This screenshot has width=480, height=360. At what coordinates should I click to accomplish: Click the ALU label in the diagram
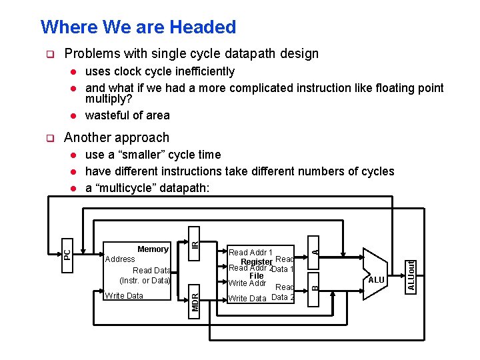[x=376, y=280]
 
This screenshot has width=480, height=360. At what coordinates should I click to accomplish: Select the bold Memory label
[x=153, y=249]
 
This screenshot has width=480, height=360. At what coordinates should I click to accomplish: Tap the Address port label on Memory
[x=119, y=259]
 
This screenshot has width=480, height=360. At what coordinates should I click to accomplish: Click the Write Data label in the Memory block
[x=124, y=295]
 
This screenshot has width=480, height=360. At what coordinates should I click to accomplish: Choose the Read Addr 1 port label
[x=250, y=253]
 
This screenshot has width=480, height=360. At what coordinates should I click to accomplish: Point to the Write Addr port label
[x=247, y=283]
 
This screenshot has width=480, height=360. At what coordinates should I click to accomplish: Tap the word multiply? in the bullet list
[x=109, y=99]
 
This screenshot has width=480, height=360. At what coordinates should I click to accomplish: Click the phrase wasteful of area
[x=127, y=115]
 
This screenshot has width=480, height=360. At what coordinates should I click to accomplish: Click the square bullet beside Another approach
[x=48, y=138]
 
